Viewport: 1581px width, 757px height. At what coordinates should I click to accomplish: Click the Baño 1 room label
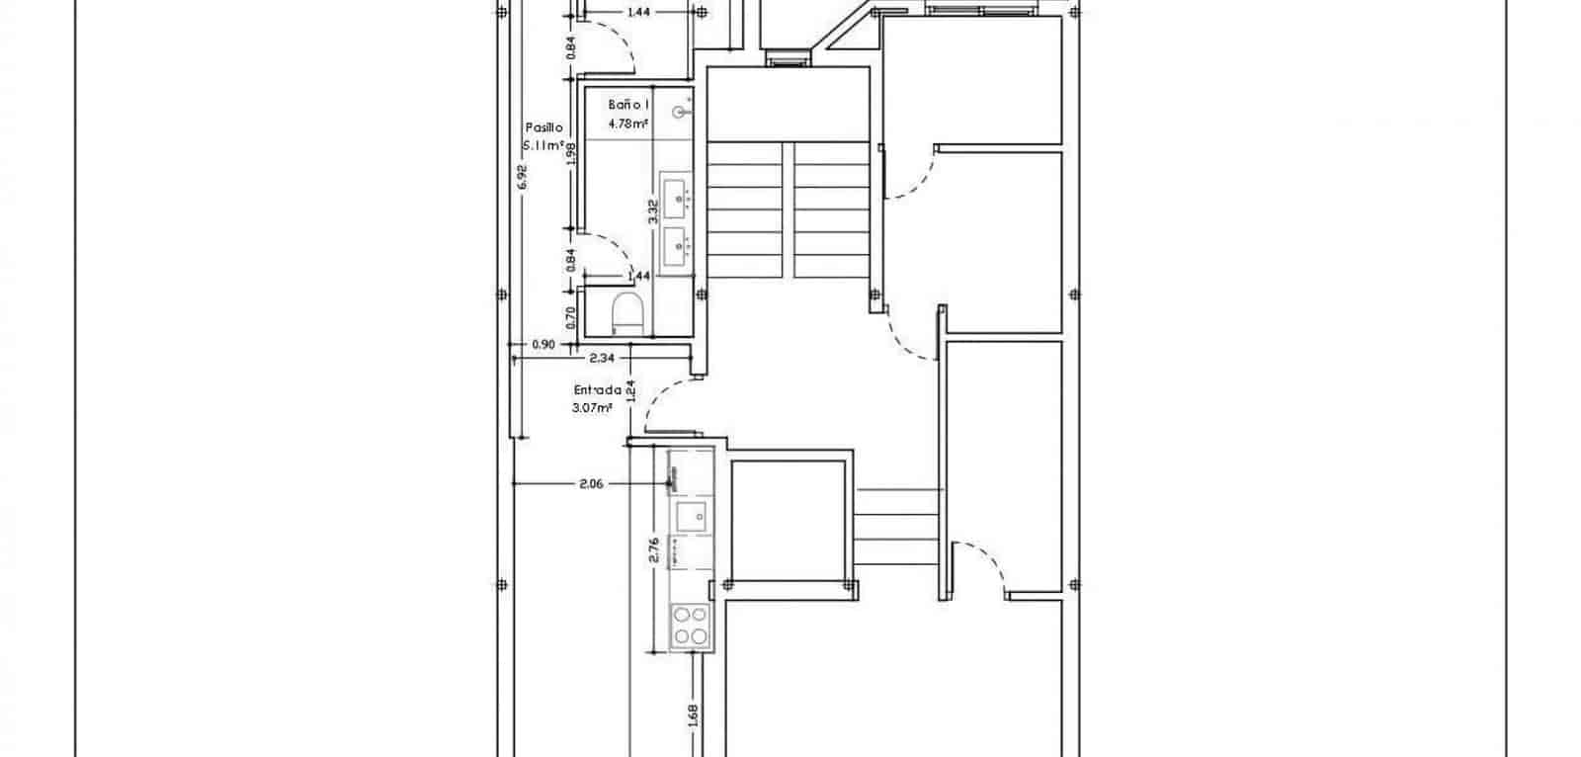coord(628,105)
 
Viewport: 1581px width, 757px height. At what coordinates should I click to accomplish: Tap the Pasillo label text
coord(543,127)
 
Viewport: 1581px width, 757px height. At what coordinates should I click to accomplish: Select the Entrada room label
coord(597,389)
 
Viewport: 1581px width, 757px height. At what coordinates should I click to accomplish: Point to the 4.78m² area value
coord(628,124)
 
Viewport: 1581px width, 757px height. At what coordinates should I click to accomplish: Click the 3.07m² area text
coord(593,406)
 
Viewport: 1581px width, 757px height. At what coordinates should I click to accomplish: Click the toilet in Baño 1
coord(627,314)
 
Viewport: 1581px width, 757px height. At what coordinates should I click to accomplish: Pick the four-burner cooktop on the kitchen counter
coord(690,625)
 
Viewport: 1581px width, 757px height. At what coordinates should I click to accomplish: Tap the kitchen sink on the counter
coord(691,514)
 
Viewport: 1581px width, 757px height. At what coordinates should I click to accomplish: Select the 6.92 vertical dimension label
coord(523,178)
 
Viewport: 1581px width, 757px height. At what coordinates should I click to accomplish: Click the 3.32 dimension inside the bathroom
coord(652,210)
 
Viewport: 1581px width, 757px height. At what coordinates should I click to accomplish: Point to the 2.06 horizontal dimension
coord(592,484)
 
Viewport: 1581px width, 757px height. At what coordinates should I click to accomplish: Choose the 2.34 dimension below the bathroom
coord(603,358)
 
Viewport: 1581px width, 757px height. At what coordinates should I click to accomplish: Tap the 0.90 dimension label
coord(542,345)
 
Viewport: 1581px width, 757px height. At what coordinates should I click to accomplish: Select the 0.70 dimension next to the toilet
coord(571,317)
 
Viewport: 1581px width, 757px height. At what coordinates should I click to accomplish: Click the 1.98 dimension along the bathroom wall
coord(571,155)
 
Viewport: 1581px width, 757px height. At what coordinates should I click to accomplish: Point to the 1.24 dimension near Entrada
coord(629,392)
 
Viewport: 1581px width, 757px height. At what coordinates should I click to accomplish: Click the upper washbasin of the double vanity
coord(677,197)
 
